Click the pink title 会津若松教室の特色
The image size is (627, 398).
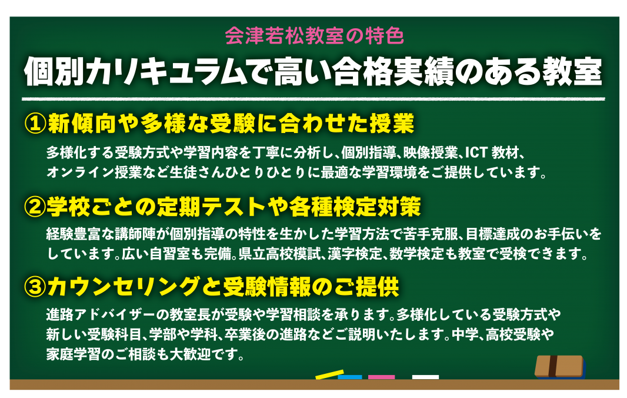[x=314, y=36]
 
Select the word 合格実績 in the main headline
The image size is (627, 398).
[x=393, y=72]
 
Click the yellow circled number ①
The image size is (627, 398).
[x=35, y=123]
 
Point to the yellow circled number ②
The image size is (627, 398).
[x=35, y=206]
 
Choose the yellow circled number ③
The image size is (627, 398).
[x=35, y=287]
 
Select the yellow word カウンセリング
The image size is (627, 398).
[x=124, y=287]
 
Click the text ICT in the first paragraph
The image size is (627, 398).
[x=476, y=152]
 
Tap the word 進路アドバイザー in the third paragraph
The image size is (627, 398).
[x=101, y=314]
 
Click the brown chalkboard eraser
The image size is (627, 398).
[x=560, y=366]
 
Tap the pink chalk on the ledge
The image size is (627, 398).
[x=381, y=377]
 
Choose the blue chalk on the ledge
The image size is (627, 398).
[x=350, y=377]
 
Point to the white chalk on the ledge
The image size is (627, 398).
[x=425, y=377]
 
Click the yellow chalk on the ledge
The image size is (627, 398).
[x=329, y=374]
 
